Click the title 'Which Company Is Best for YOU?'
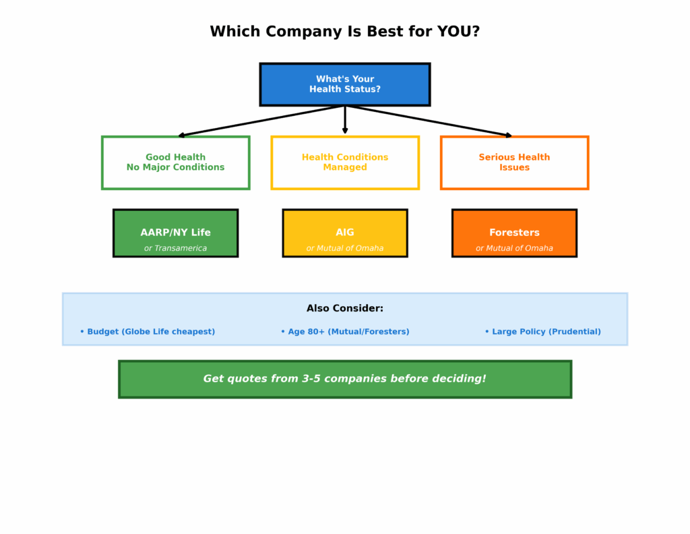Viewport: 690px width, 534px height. click(344, 32)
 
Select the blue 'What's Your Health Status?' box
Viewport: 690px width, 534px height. click(344, 84)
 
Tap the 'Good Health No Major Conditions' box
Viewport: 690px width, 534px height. click(175, 162)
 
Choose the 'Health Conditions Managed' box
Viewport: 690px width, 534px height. click(344, 162)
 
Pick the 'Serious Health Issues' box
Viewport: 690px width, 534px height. click(514, 162)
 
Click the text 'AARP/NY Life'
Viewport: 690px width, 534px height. click(175, 233)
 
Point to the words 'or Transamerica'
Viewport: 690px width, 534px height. click(175, 248)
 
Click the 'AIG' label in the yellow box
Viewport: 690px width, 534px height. click(344, 233)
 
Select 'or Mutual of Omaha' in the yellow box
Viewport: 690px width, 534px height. click(344, 248)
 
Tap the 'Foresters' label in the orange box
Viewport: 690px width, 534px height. click(514, 233)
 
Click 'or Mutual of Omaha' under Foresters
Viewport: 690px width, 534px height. click(514, 248)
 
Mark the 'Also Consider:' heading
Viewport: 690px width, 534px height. click(344, 308)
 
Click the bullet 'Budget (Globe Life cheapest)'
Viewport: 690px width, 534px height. click(148, 332)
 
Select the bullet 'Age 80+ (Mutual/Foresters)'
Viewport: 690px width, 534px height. click(345, 332)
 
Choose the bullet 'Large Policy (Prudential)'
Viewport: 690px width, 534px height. click(543, 332)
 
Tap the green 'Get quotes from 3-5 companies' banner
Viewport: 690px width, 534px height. click(344, 379)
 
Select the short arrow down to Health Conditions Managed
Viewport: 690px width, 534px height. click(345, 120)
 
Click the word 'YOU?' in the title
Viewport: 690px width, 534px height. click(458, 32)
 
